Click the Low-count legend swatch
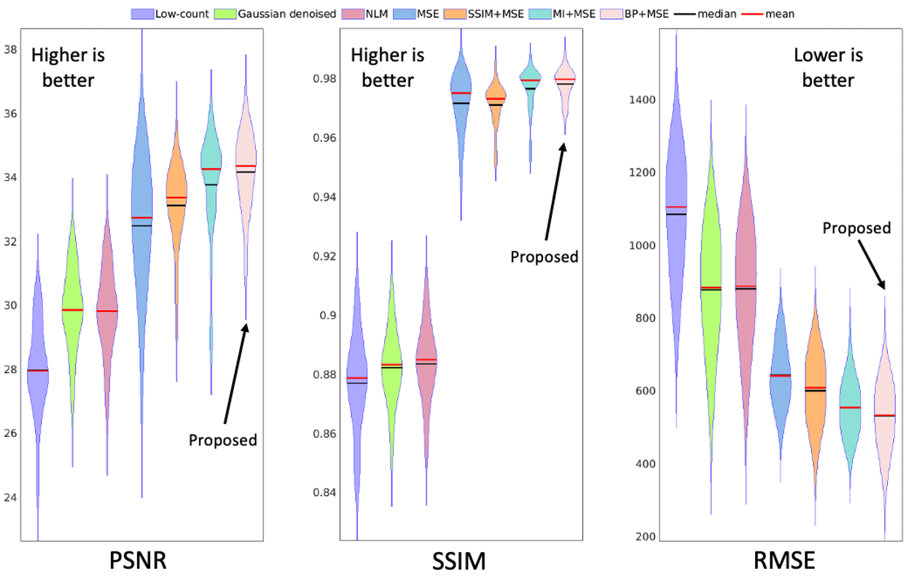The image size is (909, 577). click(142, 14)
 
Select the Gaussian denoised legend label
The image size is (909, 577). click(287, 14)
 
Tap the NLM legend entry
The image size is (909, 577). click(364, 14)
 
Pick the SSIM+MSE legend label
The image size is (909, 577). click(496, 14)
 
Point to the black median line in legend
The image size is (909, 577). click(685, 14)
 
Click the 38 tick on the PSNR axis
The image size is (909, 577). click(10, 50)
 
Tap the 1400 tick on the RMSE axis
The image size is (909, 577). click(642, 100)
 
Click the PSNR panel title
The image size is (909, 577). click(138, 561)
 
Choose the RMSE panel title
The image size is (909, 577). click(784, 561)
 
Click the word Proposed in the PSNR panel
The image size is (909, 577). click(223, 441)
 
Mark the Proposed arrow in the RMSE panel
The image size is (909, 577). click(871, 265)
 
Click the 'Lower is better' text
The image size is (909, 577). click(828, 68)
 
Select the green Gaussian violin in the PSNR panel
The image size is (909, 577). click(72, 317)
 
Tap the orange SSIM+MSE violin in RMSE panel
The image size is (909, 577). click(815, 390)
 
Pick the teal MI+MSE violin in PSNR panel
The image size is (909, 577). click(211, 171)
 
